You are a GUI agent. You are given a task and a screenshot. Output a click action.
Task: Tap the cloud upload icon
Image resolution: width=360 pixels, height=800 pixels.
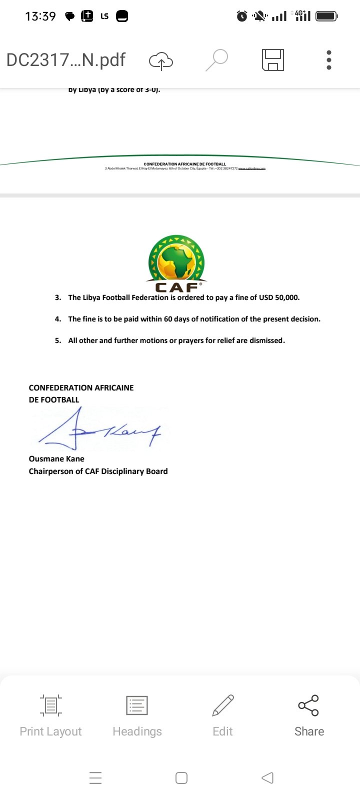(161, 61)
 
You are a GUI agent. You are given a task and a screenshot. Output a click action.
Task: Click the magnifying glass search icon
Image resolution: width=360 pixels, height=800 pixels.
(217, 60)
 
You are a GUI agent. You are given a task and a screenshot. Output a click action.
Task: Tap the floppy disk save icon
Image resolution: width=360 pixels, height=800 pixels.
(273, 60)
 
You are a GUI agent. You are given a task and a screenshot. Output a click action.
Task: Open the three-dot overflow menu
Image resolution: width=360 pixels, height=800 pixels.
(328, 60)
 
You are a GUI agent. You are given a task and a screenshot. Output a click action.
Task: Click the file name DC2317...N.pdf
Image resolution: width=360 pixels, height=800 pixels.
(65, 60)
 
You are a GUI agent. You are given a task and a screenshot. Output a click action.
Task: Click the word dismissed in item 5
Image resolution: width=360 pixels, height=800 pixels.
(266, 340)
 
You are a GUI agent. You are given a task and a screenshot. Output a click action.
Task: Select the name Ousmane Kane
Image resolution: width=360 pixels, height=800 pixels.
(56, 459)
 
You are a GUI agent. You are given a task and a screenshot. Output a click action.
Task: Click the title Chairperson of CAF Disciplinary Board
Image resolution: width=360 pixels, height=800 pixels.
(98, 471)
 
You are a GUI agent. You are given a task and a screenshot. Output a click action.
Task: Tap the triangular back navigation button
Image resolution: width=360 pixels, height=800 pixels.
(267, 778)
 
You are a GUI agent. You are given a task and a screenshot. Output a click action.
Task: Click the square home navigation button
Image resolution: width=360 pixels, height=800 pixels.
(181, 778)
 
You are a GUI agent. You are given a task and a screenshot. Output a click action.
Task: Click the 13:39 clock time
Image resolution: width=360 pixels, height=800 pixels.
(40, 16)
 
